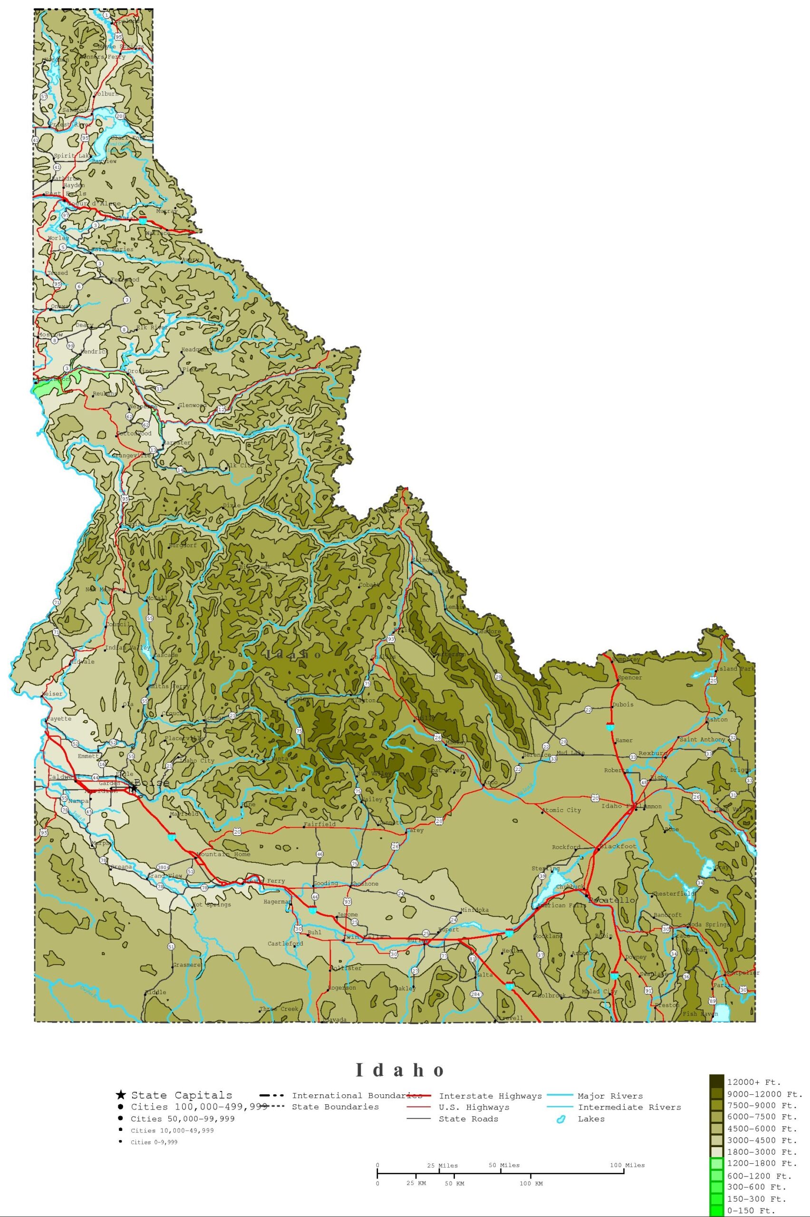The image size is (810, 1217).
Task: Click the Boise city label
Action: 152,782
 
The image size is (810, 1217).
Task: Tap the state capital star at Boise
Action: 133,788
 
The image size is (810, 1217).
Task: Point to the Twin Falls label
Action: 364,937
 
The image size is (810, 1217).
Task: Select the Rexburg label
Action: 653,753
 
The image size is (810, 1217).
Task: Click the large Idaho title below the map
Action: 400,1070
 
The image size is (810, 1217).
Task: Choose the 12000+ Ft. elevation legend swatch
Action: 716,1082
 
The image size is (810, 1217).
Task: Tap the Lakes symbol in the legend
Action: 560,1120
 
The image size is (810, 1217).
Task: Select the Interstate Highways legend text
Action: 490,1096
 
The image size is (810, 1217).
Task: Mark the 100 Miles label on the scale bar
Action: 627,1165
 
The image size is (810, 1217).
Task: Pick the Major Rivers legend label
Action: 609,1096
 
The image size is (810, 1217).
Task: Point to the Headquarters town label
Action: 202,350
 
